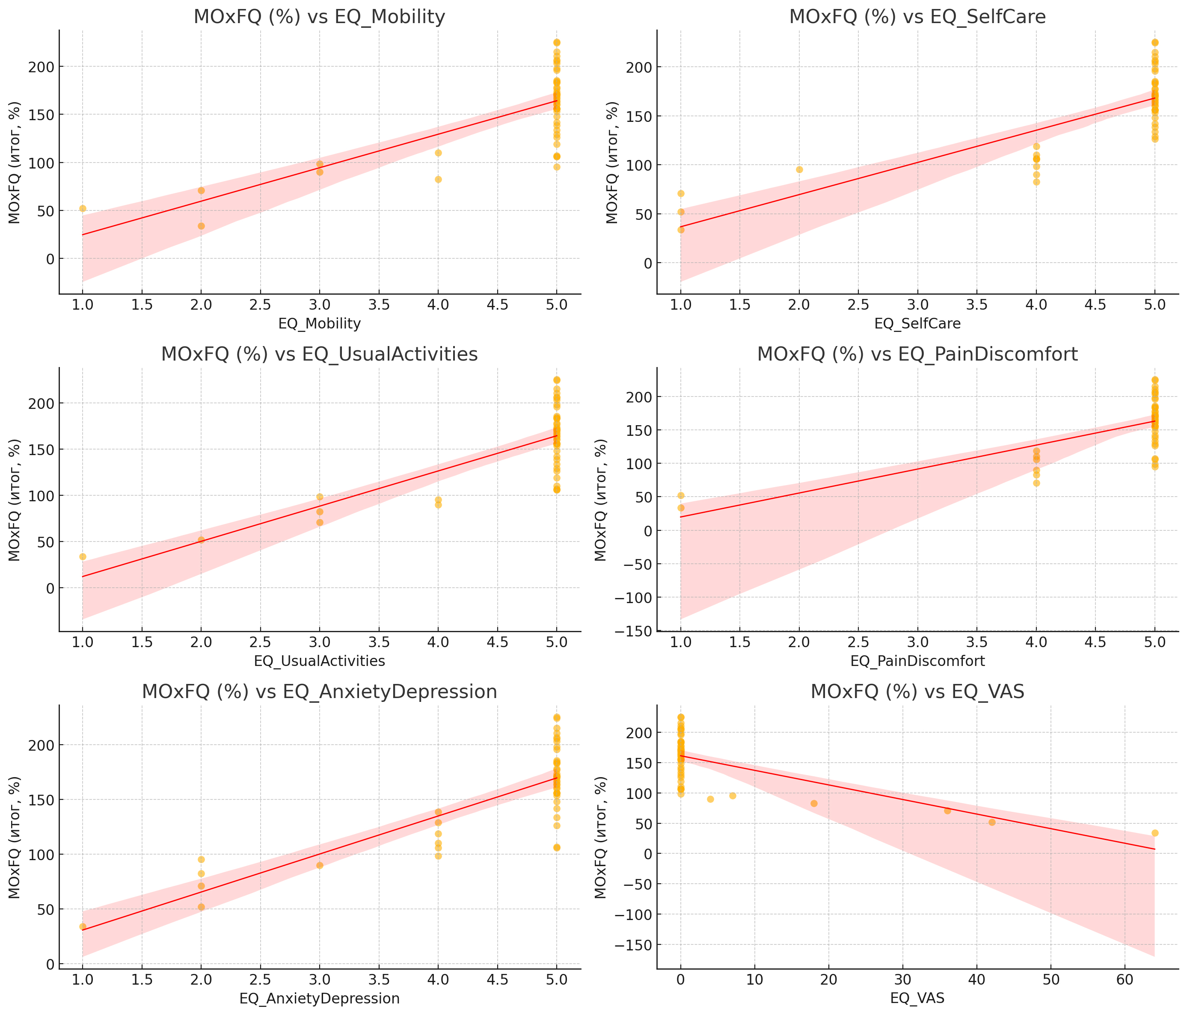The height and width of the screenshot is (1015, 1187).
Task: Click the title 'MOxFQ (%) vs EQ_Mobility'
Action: (x=319, y=17)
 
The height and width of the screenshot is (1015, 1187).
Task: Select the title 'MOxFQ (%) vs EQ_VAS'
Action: (x=917, y=692)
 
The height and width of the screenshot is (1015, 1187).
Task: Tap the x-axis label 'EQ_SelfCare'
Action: (x=917, y=324)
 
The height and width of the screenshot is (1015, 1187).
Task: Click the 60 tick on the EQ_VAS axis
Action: (x=1125, y=980)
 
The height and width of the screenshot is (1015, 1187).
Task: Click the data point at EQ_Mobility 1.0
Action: (x=83, y=208)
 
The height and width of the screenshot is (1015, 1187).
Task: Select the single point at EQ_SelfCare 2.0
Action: (x=799, y=169)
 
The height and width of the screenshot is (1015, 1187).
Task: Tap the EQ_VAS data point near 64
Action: (x=1155, y=833)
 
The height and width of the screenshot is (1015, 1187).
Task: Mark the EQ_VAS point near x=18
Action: (x=814, y=804)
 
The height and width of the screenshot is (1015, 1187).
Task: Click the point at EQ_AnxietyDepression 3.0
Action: (x=320, y=865)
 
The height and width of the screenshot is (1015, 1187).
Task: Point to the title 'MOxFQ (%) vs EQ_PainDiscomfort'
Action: (x=917, y=355)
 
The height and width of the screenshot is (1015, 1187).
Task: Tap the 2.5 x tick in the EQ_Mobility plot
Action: (x=260, y=305)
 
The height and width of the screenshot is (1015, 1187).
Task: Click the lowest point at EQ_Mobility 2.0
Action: (x=201, y=226)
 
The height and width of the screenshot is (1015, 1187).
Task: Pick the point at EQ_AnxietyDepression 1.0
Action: (x=83, y=926)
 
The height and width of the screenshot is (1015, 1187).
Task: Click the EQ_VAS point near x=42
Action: (x=991, y=822)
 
